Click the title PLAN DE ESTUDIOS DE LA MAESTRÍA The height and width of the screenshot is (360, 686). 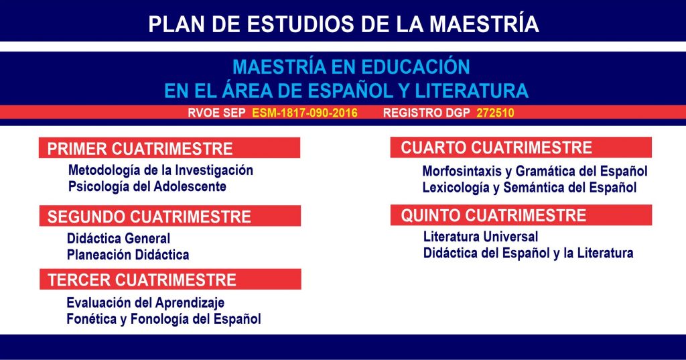[x=344, y=23]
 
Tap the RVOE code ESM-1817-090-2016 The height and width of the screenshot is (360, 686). [x=305, y=113]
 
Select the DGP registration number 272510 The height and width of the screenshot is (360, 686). [x=495, y=113]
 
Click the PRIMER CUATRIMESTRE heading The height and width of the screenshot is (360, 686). [x=140, y=149]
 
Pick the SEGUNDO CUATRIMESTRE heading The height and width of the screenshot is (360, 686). [x=149, y=217]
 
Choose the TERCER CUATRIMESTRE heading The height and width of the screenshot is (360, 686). [x=142, y=280]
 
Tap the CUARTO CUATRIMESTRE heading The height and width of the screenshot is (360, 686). [x=496, y=147]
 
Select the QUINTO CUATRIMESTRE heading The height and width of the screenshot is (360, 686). [x=494, y=215]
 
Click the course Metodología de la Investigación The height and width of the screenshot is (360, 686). [x=161, y=170]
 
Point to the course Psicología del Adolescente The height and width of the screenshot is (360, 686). [x=147, y=186]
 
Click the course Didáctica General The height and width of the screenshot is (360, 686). [x=119, y=239]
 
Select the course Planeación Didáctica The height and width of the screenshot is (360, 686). [x=128, y=255]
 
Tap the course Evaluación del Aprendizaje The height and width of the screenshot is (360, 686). [x=145, y=302]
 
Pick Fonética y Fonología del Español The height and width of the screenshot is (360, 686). [x=163, y=319]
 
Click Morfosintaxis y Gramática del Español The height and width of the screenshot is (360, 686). [x=535, y=171]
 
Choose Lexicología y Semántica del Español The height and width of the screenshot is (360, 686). [x=529, y=188]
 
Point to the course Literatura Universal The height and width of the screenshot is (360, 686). [x=480, y=237]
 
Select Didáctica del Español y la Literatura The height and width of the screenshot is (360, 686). [x=528, y=253]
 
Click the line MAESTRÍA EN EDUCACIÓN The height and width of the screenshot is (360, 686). [x=351, y=67]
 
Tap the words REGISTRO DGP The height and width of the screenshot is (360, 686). [x=427, y=113]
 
